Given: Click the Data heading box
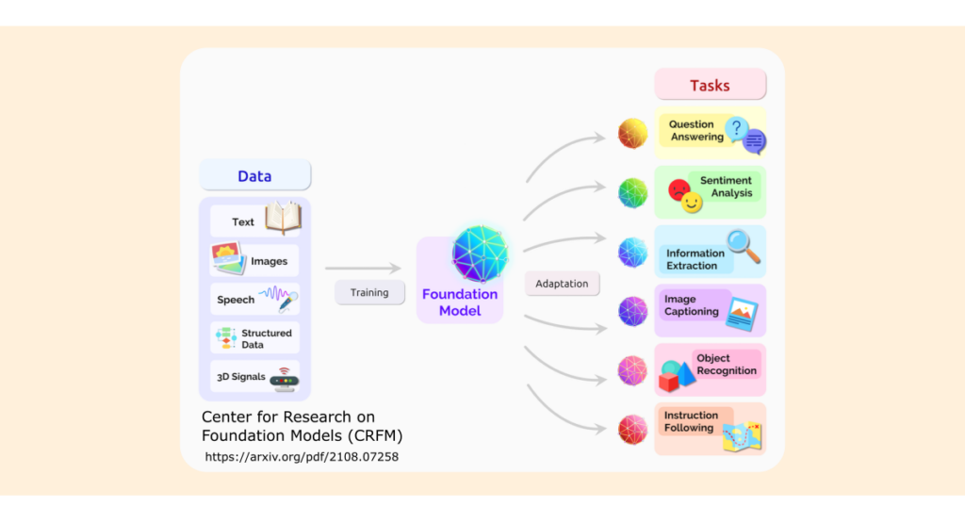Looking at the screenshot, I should (254, 175).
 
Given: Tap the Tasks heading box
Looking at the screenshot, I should (710, 85).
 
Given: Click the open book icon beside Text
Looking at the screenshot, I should (283, 219).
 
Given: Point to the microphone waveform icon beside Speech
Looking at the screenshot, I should (279, 299).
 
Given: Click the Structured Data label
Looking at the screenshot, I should (266, 338).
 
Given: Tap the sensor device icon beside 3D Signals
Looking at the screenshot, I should (284, 378).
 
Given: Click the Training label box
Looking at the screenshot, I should (369, 292).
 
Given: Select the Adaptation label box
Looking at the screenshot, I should (562, 284).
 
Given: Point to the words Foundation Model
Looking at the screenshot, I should (460, 302).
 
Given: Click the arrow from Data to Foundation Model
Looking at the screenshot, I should (363, 270).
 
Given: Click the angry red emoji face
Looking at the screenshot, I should (679, 189).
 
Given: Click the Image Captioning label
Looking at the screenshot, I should (691, 305).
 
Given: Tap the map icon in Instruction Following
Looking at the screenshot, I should (742, 435).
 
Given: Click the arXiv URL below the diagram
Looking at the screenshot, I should (302, 457).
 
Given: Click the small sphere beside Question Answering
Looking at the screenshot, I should (632, 134).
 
